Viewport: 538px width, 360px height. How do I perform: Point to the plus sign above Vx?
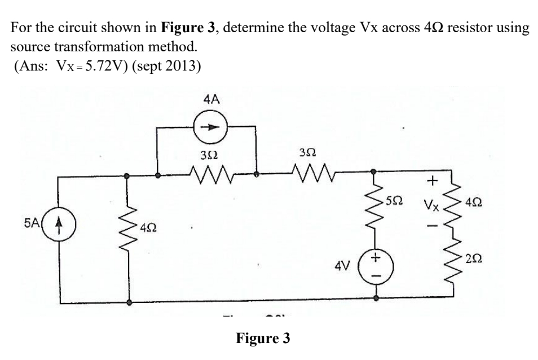[431, 181]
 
